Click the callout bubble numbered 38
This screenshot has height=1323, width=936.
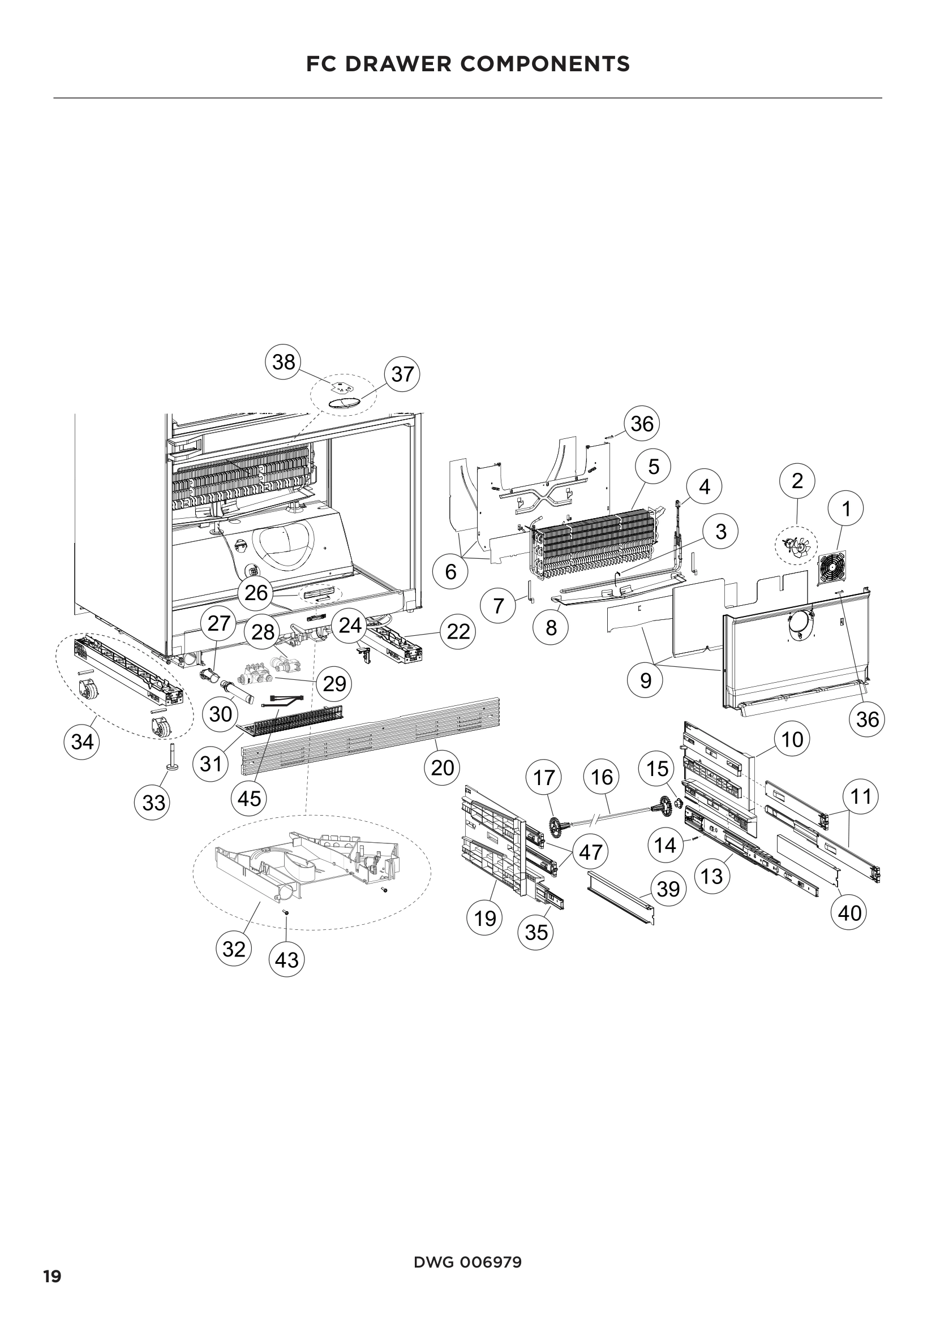[x=283, y=362]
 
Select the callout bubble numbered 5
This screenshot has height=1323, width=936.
[x=653, y=466]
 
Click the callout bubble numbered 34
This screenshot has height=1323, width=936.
[x=82, y=742]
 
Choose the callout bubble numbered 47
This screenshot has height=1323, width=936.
[x=590, y=852]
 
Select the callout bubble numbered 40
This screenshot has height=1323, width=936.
[x=849, y=913]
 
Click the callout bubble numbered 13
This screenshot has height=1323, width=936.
[x=712, y=876]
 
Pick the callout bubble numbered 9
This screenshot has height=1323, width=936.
[x=646, y=680]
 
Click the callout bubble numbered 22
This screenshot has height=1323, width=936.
[x=458, y=632]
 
